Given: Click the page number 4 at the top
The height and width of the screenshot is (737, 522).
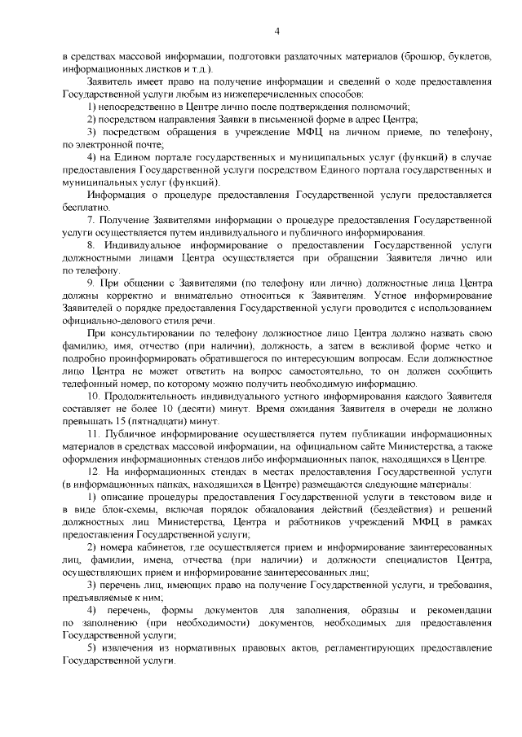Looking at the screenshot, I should click(x=276, y=31).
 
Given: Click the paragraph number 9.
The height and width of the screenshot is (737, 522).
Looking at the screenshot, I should click(x=91, y=283).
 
